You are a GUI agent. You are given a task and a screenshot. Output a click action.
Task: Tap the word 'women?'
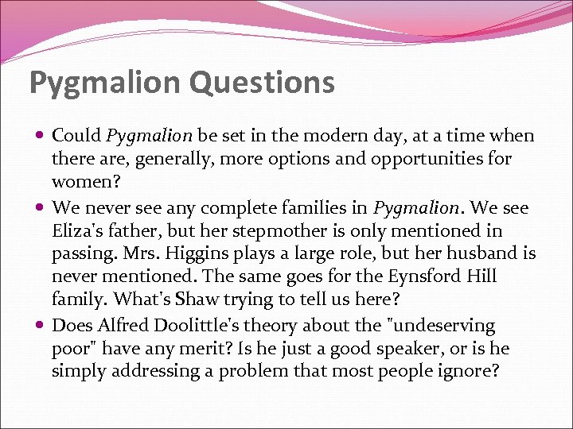[81, 183]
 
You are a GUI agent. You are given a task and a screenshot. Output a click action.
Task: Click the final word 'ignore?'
[468, 372]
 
